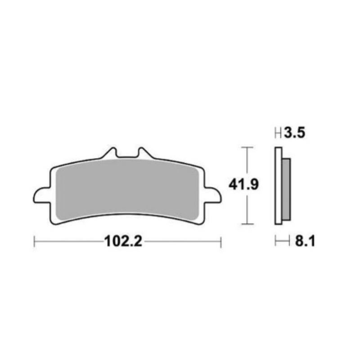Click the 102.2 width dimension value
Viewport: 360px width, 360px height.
123,242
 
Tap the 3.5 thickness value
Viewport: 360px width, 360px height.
296,133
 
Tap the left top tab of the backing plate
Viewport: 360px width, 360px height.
110,153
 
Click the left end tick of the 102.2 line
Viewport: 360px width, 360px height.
35,242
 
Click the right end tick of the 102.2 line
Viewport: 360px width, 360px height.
220,242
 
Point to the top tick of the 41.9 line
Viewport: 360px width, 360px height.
246,147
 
